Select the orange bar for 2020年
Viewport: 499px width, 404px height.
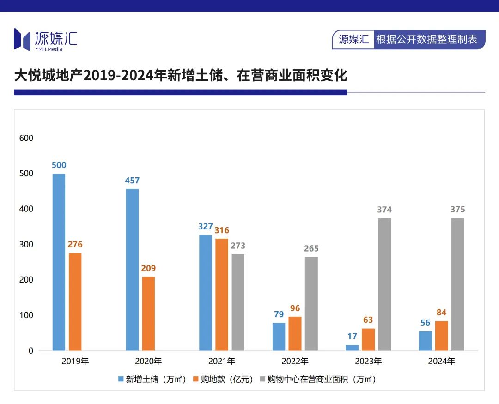point(148,314)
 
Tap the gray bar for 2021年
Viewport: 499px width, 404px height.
point(238,302)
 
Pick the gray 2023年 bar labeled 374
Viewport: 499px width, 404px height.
point(384,284)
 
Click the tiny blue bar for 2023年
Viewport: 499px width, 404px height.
point(352,348)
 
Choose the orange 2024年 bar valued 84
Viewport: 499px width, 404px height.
point(442,336)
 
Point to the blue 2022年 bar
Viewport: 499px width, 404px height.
point(279,337)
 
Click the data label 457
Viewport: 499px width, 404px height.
point(132,181)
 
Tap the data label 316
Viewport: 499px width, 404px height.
point(222,230)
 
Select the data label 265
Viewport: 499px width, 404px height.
point(311,248)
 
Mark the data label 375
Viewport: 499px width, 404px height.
point(458,210)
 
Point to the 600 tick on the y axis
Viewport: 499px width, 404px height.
point(26,138)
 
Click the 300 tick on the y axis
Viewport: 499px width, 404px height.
point(26,244)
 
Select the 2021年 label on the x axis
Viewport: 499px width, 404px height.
point(222,361)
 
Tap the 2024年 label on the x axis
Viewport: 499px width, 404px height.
point(442,361)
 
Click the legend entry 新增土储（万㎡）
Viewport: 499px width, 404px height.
point(152,380)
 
